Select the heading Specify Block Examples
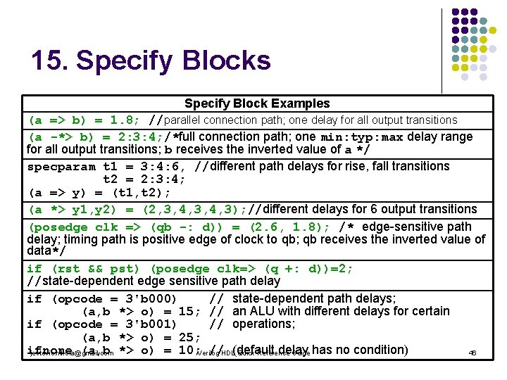pyautogui.click(x=257, y=103)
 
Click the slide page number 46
pyautogui.click(x=472, y=353)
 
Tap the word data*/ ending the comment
pyautogui.click(x=46, y=251)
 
